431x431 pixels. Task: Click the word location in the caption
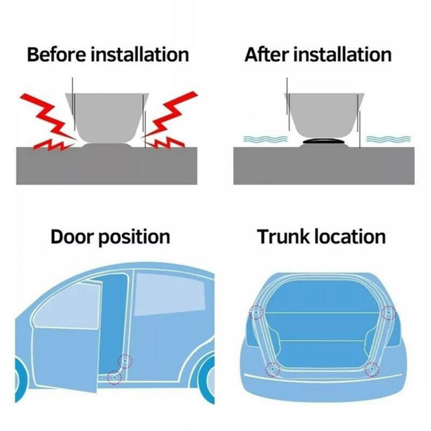351,237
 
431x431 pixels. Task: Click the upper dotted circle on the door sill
126,360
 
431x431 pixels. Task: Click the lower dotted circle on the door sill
114,377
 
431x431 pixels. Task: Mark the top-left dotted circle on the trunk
255,312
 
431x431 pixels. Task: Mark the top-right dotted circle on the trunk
388,312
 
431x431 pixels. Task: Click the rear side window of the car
162,294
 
